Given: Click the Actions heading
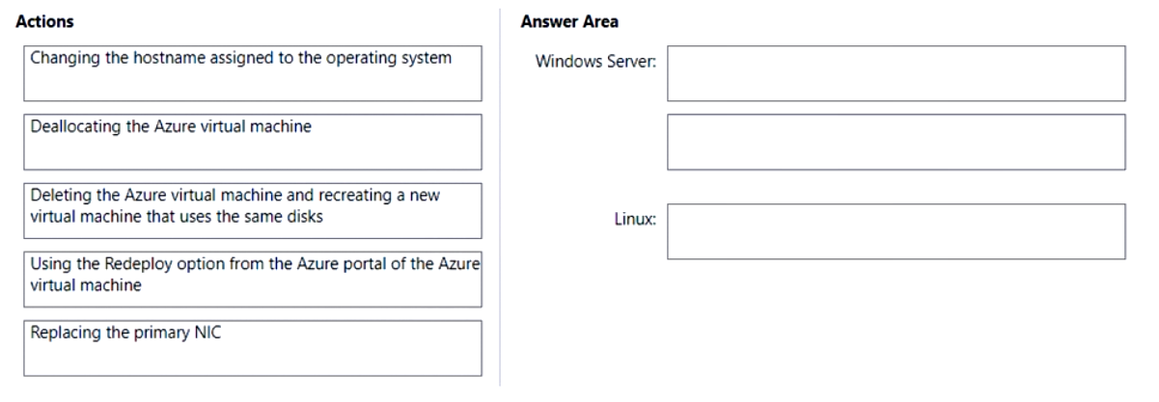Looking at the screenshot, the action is point(44,22).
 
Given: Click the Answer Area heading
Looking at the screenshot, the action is point(569,22).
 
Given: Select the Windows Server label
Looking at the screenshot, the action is point(595,62).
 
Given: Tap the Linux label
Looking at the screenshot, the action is point(635,219).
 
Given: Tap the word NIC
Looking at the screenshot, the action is point(208,333).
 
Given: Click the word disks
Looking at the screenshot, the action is point(305,217).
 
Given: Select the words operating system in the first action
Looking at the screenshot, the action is point(389,59).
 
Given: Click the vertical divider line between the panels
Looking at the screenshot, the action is point(500,197).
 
